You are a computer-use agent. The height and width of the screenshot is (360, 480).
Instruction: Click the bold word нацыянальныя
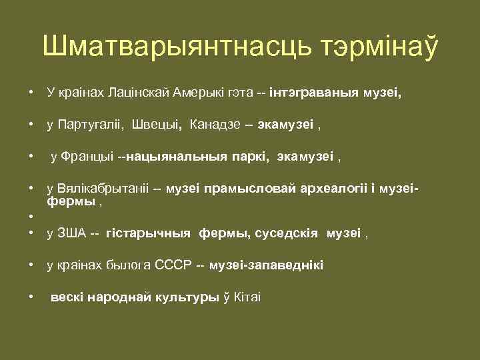pos(171,157)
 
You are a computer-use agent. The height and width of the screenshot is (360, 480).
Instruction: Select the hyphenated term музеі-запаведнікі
pos(266,265)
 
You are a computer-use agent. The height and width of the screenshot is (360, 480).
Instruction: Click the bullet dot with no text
pos(31,216)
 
